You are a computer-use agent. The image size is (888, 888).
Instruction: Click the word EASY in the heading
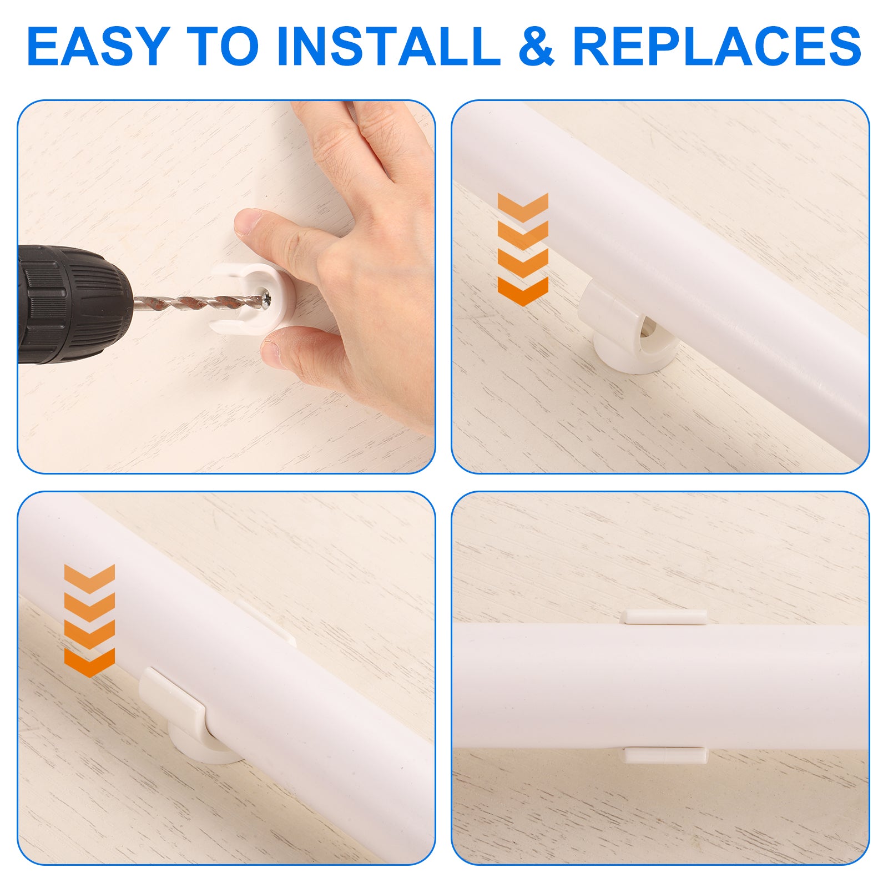(98, 46)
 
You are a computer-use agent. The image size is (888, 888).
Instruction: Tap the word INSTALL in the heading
(389, 46)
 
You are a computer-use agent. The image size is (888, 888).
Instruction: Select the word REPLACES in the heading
(717, 46)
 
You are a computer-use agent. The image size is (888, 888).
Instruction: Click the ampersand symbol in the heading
(537, 46)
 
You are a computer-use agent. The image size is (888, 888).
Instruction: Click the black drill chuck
(75, 304)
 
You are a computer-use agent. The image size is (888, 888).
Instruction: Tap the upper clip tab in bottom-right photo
(664, 617)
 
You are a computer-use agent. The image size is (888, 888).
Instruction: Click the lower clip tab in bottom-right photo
(665, 755)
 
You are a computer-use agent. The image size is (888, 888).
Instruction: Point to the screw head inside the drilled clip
(266, 300)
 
